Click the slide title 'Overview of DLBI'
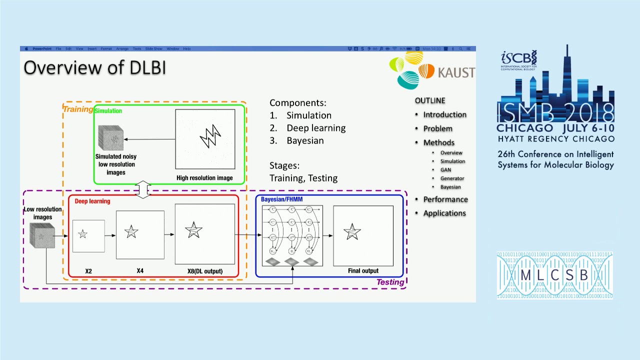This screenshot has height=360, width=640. click(x=94, y=67)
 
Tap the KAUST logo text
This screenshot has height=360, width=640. click(x=455, y=73)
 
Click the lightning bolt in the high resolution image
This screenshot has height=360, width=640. click(x=210, y=135)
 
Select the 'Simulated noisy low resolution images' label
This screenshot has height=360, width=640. click(x=116, y=164)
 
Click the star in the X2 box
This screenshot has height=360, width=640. click(x=83, y=234)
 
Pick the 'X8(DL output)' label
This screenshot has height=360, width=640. click(x=205, y=271)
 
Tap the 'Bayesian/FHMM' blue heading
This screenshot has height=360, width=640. click(x=281, y=199)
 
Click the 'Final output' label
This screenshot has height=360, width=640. click(x=363, y=270)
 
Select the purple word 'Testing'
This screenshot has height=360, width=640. click(x=390, y=282)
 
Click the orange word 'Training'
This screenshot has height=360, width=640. click(x=77, y=109)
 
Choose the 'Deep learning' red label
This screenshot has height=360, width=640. click(x=92, y=201)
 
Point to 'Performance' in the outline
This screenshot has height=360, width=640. click(x=445, y=199)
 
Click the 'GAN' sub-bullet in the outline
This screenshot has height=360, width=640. click(x=445, y=169)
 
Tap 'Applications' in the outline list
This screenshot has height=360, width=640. click(x=444, y=213)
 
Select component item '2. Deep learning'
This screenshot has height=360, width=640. click(x=307, y=128)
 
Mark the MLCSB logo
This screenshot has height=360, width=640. click(x=554, y=275)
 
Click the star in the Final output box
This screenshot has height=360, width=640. click(x=352, y=232)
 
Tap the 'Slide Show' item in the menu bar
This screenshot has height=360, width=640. click(x=153, y=49)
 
